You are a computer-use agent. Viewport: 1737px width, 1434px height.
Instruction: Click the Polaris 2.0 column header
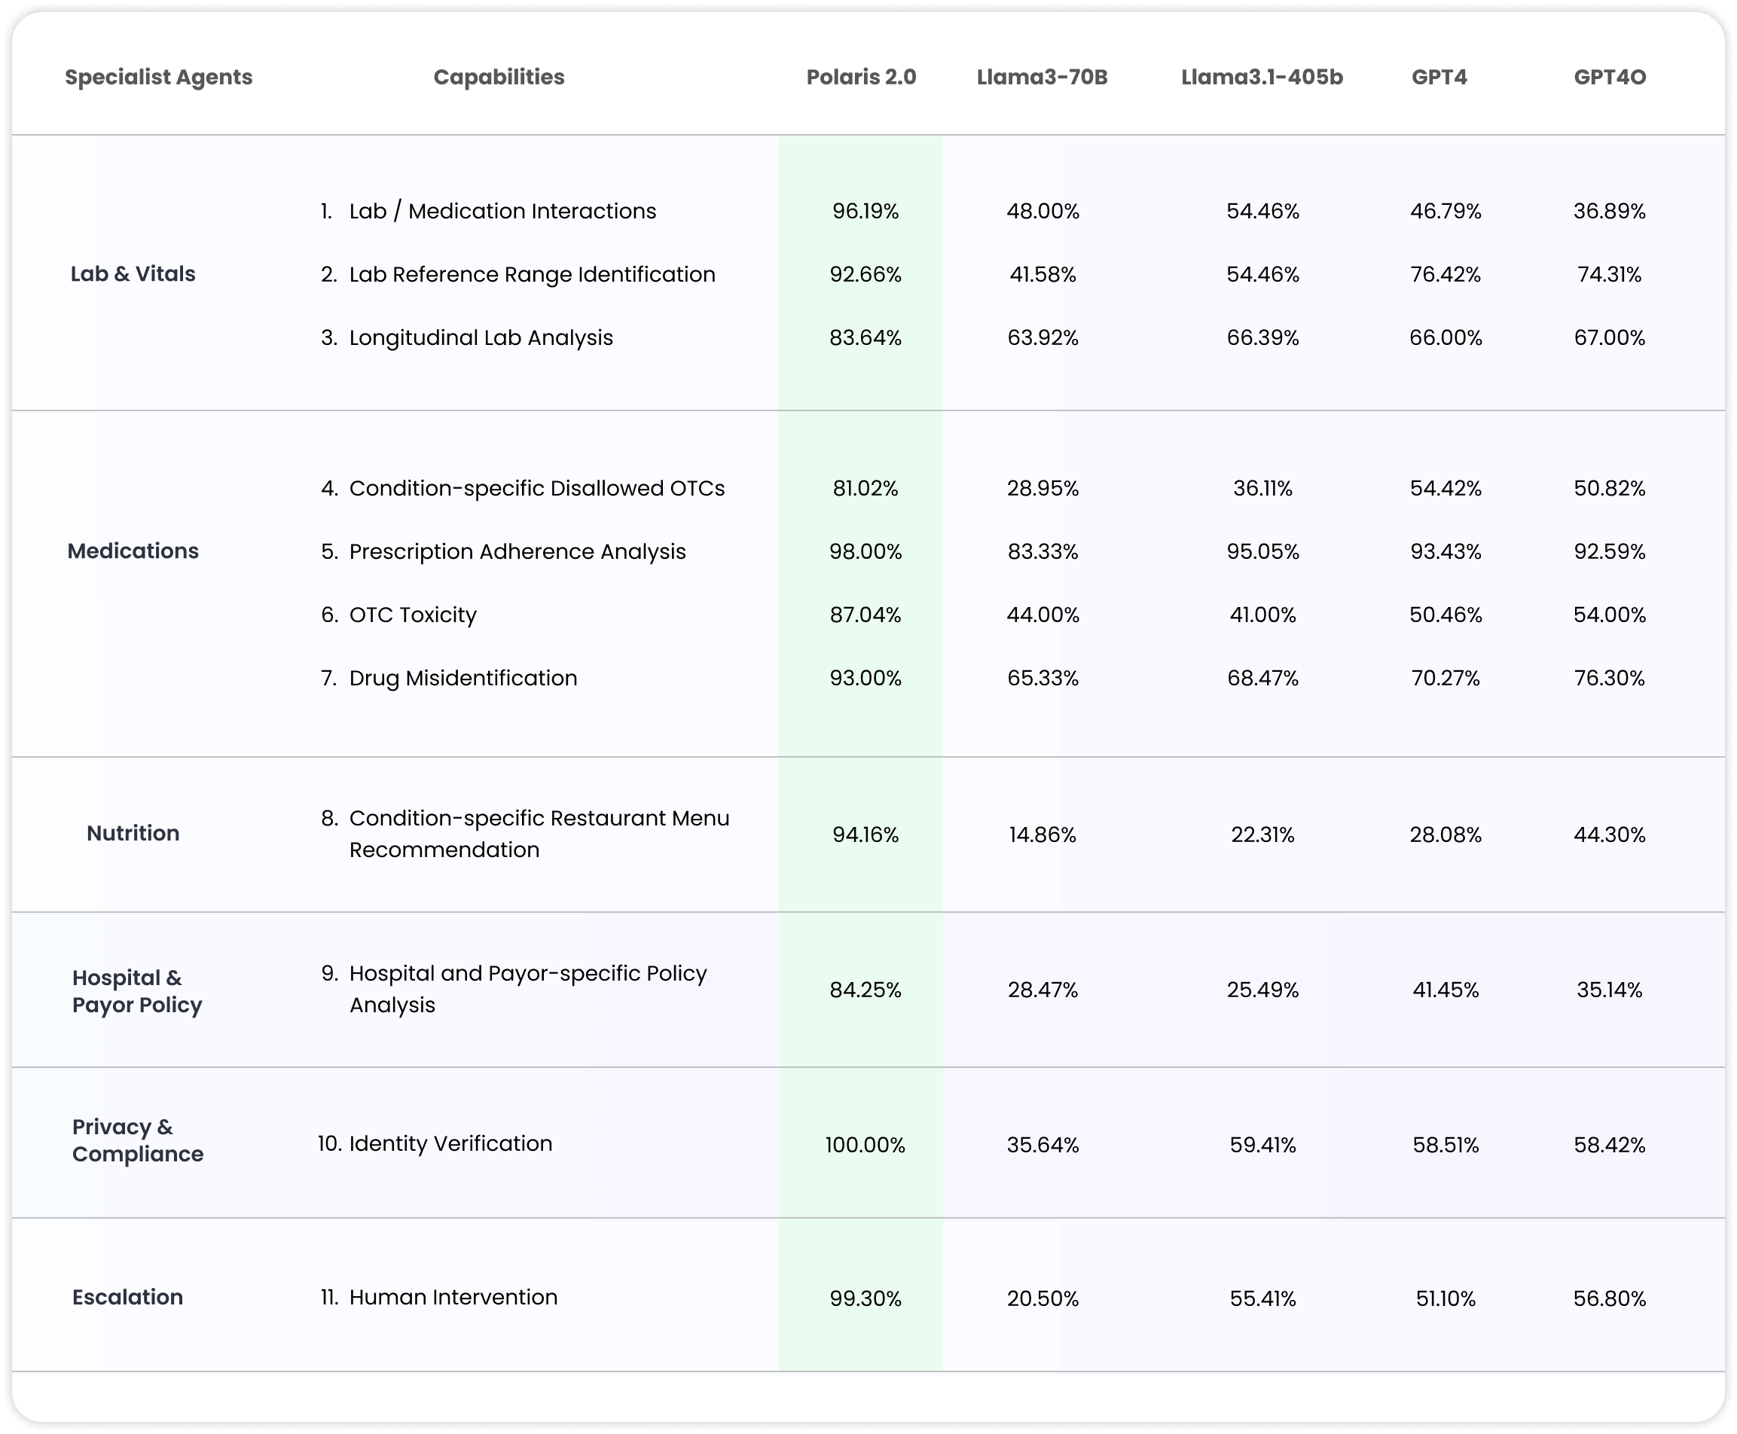pos(861,77)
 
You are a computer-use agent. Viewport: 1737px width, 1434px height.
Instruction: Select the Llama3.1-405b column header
pos(1261,77)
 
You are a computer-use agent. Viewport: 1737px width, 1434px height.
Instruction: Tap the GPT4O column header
pos(1609,77)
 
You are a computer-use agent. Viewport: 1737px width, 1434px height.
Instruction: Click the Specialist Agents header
pos(159,77)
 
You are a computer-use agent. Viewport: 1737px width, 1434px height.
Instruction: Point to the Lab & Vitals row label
pos(133,273)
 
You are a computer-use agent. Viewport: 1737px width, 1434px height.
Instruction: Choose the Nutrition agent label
pos(133,833)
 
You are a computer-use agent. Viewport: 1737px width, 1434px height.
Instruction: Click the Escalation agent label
pos(128,1297)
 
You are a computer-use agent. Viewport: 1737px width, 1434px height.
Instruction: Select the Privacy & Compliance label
pos(137,1140)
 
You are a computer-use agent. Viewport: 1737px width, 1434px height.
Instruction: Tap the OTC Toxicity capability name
pos(412,615)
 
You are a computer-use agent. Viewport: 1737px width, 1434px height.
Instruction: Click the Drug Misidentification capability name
pos(462,678)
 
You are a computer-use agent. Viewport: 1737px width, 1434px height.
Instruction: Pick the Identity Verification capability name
pos(450,1143)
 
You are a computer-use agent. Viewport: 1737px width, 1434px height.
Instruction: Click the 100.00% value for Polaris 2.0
pos(865,1145)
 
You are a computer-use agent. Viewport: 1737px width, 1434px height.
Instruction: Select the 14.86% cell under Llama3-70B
pos(1043,835)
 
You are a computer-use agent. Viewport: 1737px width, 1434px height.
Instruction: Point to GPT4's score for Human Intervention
pos(1445,1298)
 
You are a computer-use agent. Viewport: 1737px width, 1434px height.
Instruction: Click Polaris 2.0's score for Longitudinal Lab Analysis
pos(865,338)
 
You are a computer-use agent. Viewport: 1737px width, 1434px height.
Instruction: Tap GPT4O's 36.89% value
pos(1609,212)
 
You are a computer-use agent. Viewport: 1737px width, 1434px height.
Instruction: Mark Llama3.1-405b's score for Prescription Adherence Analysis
pos(1262,552)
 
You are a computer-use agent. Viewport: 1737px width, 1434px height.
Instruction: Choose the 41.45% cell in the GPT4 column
pos(1445,990)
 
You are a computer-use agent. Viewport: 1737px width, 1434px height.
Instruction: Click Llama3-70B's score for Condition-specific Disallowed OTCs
pos(1043,488)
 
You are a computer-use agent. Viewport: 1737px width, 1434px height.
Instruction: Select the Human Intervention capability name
pos(453,1297)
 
